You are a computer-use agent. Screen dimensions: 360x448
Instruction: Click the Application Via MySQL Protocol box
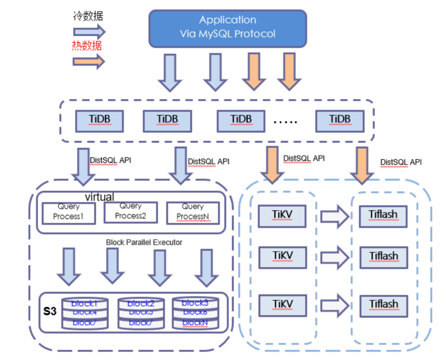[x=228, y=28]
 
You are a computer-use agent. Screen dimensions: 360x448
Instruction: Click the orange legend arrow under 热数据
[x=89, y=62]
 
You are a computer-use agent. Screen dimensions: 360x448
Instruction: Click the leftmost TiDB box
[x=99, y=120]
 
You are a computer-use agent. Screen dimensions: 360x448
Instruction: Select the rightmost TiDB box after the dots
[x=339, y=120]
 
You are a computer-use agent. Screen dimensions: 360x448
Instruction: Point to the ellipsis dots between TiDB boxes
[x=286, y=121]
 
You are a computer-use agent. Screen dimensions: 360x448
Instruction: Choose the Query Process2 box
[x=130, y=212]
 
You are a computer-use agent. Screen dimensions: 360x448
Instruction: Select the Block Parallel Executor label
[x=144, y=242]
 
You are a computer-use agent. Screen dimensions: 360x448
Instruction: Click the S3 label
[x=50, y=311]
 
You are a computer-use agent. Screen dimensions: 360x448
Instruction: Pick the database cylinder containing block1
[x=85, y=313]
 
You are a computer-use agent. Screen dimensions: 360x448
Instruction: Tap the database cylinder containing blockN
[x=195, y=313]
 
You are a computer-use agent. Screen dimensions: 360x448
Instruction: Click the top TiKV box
[x=282, y=215]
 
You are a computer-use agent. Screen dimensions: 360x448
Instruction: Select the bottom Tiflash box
[x=383, y=305]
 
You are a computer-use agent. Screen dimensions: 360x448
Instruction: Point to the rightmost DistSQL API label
[x=401, y=162]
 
